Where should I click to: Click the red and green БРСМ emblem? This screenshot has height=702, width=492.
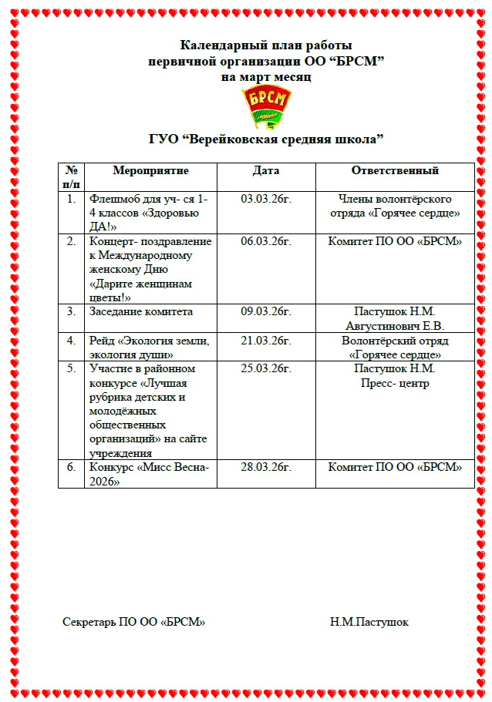coord(266,106)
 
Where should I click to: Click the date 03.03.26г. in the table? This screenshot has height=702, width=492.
coord(266,198)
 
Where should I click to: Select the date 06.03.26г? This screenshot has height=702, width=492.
coord(266,241)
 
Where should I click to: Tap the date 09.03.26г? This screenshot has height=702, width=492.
coord(266,311)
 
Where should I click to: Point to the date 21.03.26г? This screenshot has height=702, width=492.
coord(266,340)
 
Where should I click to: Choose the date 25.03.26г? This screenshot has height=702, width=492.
coord(266,368)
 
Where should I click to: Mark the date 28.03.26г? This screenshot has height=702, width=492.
coord(266,467)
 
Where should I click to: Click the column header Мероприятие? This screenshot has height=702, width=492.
coord(150,170)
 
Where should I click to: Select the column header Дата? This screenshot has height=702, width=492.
coord(266,170)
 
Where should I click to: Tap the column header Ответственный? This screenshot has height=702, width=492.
coord(395,170)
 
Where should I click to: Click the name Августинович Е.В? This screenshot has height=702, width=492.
coord(395,326)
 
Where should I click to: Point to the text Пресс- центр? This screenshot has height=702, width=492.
coord(395,383)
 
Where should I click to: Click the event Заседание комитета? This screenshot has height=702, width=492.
coord(141,311)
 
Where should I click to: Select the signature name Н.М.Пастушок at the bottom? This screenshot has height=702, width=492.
coord(369,622)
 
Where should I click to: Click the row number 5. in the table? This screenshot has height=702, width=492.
coord(71,368)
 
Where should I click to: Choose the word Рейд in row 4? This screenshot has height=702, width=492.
coord(102,340)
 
